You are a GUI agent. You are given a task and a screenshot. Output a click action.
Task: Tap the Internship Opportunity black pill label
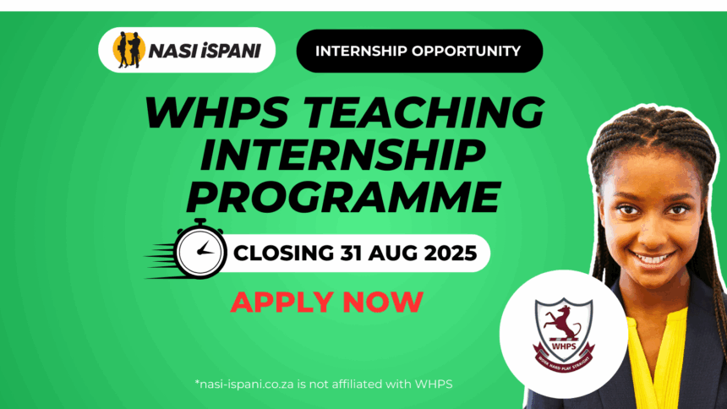(418, 51)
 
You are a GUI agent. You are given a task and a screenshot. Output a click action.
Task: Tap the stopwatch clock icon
(200, 249)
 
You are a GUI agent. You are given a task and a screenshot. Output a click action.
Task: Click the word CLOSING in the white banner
(286, 252)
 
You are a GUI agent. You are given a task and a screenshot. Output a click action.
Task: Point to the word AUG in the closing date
(398, 252)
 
